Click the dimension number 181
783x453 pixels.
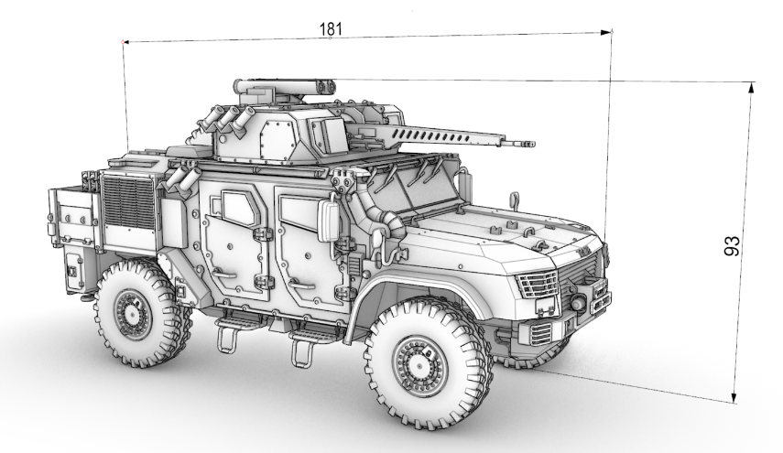(x=331, y=29)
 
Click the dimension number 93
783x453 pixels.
(x=732, y=246)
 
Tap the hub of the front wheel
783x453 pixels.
(x=419, y=366)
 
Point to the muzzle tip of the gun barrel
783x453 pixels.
(x=534, y=145)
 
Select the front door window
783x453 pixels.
(x=299, y=213)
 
